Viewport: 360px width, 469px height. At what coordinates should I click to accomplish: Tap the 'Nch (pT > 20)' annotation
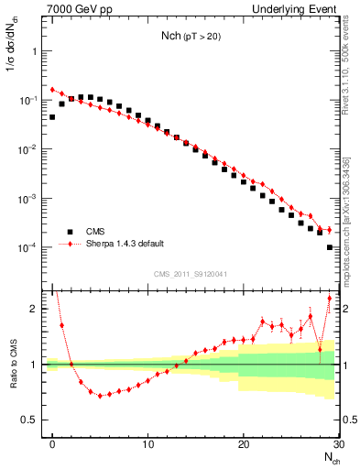pyautogui.click(x=192, y=38)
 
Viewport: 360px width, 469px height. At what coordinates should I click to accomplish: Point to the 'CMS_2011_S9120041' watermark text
pyautogui.click(x=191, y=275)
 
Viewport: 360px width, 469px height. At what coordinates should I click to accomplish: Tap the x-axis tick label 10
pyautogui.click(x=148, y=444)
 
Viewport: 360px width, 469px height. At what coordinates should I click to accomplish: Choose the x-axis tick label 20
pyautogui.click(x=244, y=444)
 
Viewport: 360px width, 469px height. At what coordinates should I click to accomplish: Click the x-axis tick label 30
pyautogui.click(x=338, y=444)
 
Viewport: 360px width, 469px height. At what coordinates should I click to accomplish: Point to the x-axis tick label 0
pyautogui.click(x=53, y=444)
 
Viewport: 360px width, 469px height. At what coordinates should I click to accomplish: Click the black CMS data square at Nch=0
pyautogui.click(x=53, y=117)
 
